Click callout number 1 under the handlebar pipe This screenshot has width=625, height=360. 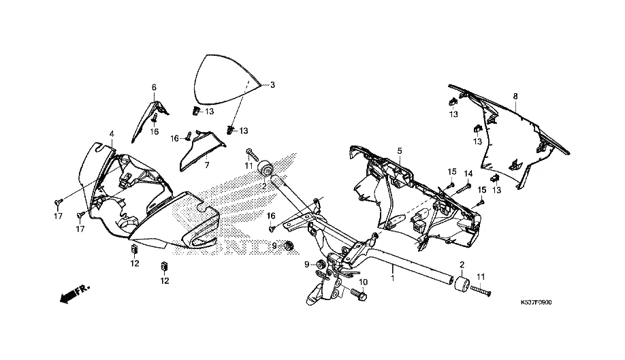point(393,278)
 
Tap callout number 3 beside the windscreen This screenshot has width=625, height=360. point(272,85)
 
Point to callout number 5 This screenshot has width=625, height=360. point(400,150)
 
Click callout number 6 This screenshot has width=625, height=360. point(154,87)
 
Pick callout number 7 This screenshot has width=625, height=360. point(206,164)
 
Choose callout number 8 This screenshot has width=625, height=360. point(515,96)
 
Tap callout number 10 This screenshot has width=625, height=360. point(363,282)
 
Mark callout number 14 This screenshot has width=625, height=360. point(468,173)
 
